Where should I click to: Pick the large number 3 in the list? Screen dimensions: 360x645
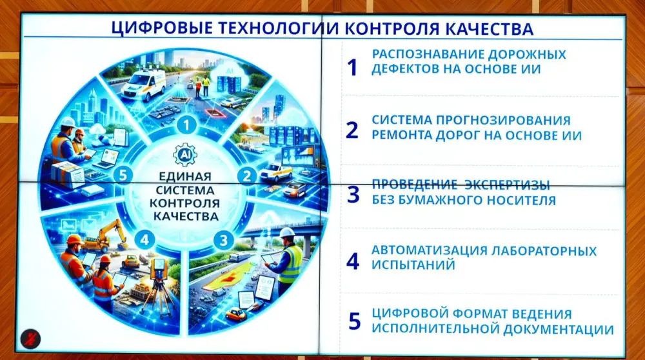(353, 194)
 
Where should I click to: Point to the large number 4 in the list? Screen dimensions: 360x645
(352, 260)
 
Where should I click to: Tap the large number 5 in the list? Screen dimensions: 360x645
(353, 321)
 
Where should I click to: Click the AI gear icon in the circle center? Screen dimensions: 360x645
(184, 155)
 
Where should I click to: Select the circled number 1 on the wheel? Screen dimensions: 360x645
(186, 123)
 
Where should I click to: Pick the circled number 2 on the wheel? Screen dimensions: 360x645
(246, 175)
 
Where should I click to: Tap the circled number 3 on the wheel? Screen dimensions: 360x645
(223, 241)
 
